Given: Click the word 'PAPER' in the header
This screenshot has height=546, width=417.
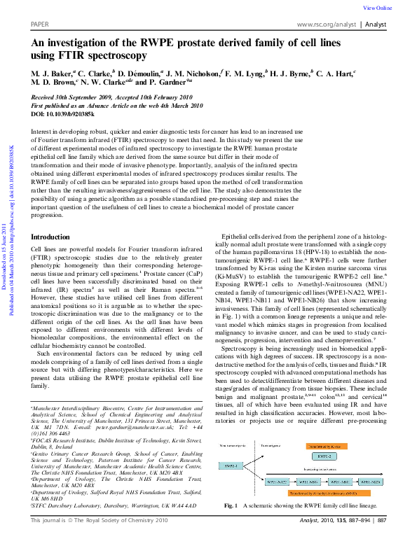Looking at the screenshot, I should (x=41, y=24).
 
